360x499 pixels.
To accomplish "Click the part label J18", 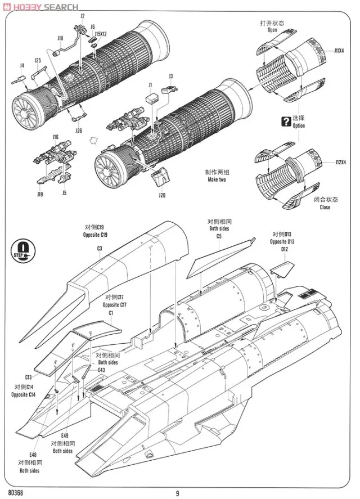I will pyautogui.click(x=60, y=38).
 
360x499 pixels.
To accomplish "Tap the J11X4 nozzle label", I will pyautogui.click(x=339, y=51).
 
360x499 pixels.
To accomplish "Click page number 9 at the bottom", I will pyautogui.click(x=177, y=493).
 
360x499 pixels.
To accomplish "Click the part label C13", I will pyautogui.click(x=28, y=377).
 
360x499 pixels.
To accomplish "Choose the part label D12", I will pyautogui.click(x=285, y=249).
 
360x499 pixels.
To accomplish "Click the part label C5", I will pyautogui.click(x=219, y=236).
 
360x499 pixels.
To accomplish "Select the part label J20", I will pyautogui.click(x=162, y=195).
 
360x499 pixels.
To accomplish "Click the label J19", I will pyautogui.click(x=40, y=194).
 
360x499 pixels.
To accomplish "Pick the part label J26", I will pyautogui.click(x=78, y=131).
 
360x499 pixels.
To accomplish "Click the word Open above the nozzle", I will pyautogui.click(x=272, y=30).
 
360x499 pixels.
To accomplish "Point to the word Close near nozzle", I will pyautogui.click(x=325, y=207).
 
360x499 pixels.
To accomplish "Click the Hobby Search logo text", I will pyautogui.click(x=40, y=6).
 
